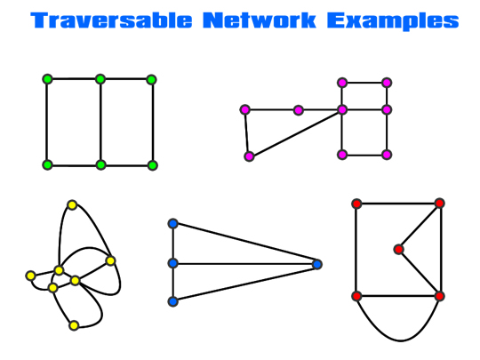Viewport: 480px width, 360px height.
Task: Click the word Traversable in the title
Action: click(x=111, y=20)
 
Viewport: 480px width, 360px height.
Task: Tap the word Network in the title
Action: click(x=260, y=20)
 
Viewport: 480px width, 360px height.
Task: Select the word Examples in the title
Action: click(x=393, y=21)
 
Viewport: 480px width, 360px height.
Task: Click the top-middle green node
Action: click(x=100, y=79)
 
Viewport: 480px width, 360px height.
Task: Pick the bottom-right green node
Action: click(x=152, y=165)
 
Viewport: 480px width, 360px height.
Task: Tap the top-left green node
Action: click(x=47, y=79)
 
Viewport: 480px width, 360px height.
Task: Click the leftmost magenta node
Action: click(x=245, y=109)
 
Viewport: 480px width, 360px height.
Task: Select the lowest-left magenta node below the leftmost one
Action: click(x=249, y=156)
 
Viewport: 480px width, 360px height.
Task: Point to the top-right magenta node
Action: click(x=387, y=83)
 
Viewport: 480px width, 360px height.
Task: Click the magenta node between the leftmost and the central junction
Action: click(x=298, y=110)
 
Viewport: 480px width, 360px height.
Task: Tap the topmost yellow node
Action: click(x=72, y=204)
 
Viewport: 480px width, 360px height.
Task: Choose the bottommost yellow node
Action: click(x=74, y=325)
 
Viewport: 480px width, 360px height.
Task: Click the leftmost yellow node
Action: click(x=30, y=276)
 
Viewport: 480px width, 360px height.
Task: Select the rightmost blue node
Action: click(x=316, y=264)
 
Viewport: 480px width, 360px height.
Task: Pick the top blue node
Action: click(x=173, y=223)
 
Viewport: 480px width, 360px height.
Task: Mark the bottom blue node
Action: click(x=173, y=301)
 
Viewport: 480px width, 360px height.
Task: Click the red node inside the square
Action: click(x=398, y=250)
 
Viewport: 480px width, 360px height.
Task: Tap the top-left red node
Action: click(x=356, y=204)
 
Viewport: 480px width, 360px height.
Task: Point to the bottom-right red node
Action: click(x=439, y=296)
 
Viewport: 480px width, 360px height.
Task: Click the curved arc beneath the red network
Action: click(x=400, y=340)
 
